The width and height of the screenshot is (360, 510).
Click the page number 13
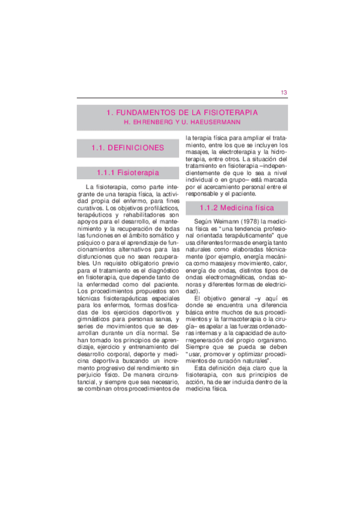(284, 92)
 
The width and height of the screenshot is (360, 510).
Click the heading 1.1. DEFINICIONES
(127, 147)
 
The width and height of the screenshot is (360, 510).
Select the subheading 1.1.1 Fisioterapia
(127, 173)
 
